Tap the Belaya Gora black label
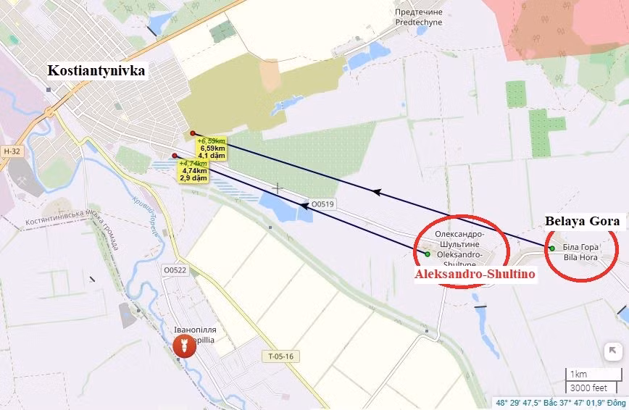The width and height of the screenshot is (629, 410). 582,221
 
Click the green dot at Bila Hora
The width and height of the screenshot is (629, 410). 552,248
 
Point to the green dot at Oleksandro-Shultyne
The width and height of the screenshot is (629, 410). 428,254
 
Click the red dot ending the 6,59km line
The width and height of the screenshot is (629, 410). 192,133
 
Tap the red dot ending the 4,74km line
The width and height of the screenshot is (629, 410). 175,156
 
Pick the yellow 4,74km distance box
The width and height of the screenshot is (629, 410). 194,171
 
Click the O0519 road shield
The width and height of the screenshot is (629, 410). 322,204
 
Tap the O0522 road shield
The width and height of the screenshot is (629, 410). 175,270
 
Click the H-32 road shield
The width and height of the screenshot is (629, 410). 12,151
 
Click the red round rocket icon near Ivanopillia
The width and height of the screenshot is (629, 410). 183,348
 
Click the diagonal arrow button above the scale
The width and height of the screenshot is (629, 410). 612,351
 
